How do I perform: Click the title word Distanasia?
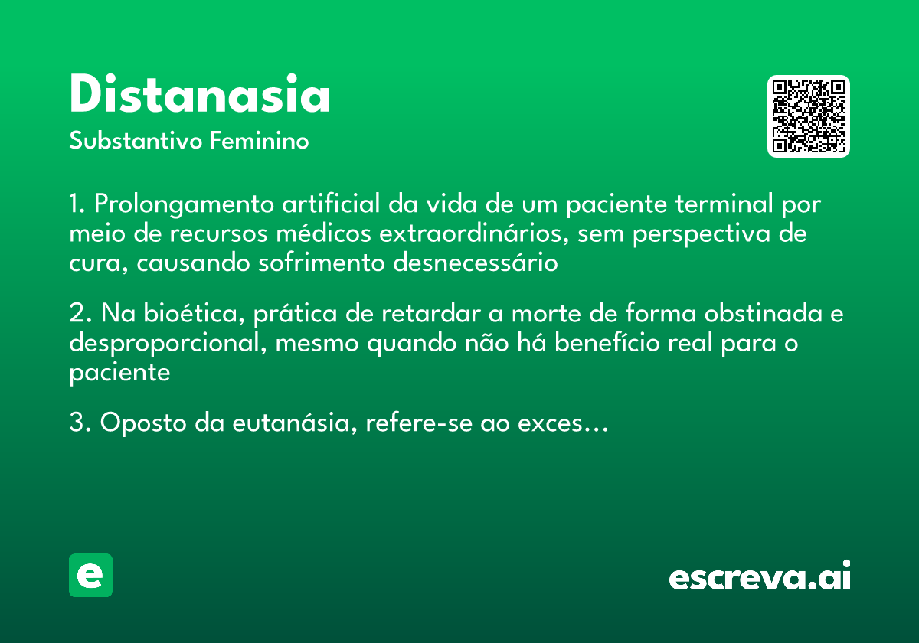point(200,96)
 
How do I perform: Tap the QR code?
point(809,116)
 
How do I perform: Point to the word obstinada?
point(752,314)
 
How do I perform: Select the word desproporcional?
point(168,344)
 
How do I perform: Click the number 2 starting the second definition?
point(75,314)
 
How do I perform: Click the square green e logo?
point(90,575)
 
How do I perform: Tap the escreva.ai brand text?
point(760,576)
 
